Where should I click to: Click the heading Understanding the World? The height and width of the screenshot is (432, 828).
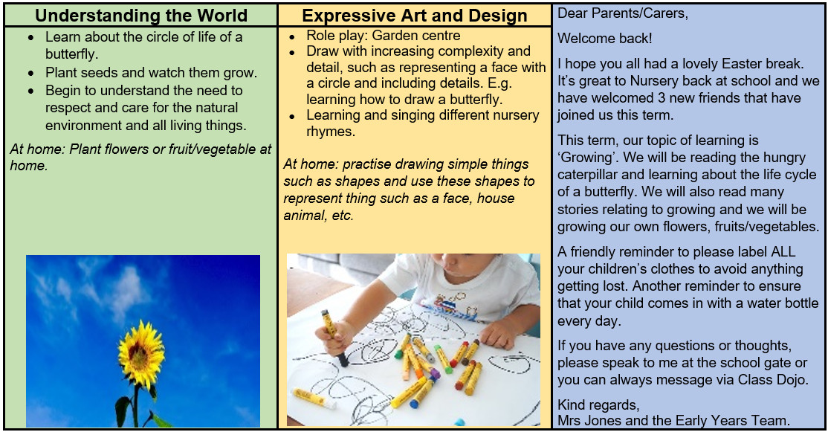[141, 16]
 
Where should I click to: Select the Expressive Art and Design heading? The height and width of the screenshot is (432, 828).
[415, 16]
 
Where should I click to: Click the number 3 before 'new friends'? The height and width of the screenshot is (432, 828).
[664, 97]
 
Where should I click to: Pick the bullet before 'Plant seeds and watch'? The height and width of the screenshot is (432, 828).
[32, 74]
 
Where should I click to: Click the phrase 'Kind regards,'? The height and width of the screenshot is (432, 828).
[598, 405]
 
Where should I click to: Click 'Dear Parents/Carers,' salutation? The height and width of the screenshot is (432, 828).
[623, 13]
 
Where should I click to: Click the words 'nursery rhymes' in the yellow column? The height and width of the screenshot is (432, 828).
[422, 123]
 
